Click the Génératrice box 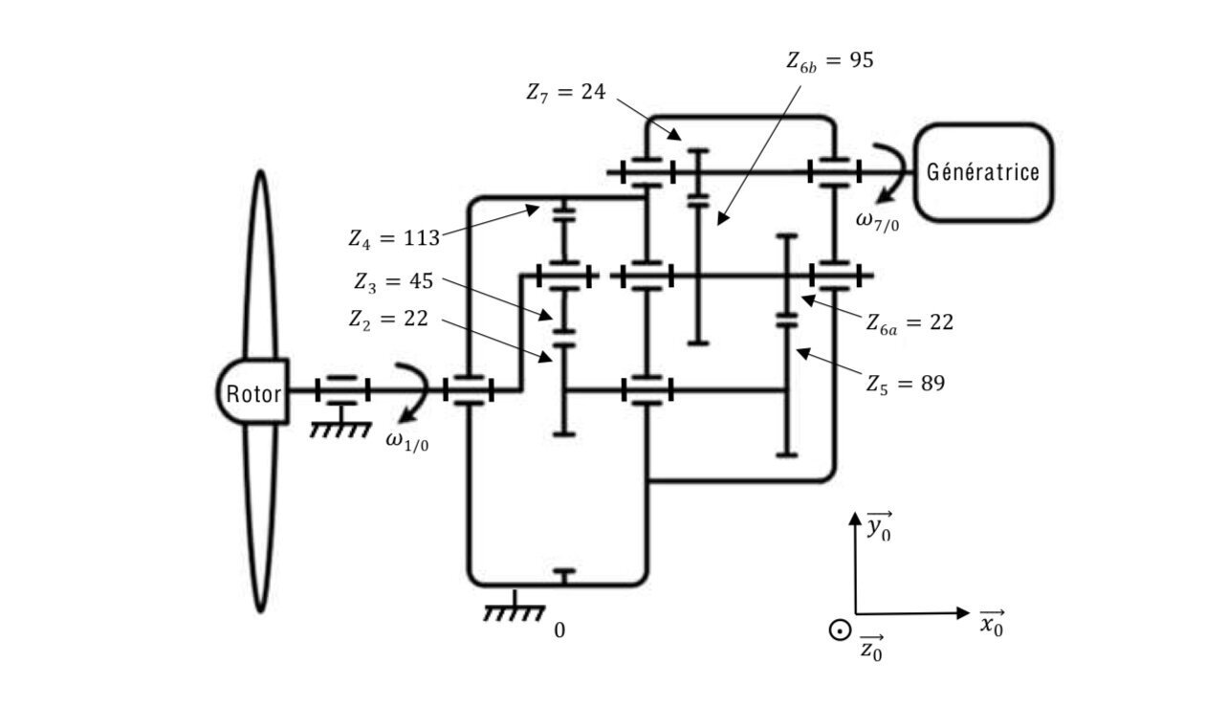(983, 172)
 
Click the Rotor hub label (253, 392)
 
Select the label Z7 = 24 (565, 93)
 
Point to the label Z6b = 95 (829, 61)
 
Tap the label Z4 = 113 (392, 238)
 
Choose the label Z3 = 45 (392, 282)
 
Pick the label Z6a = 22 (910, 323)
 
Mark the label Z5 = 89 (905, 385)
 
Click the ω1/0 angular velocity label (406, 439)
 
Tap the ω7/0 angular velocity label (876, 222)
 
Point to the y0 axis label (878, 528)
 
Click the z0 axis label (871, 650)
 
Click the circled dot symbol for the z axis (839, 630)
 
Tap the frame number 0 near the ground (559, 631)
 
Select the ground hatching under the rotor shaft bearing (340, 430)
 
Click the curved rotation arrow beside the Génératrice (890, 172)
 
